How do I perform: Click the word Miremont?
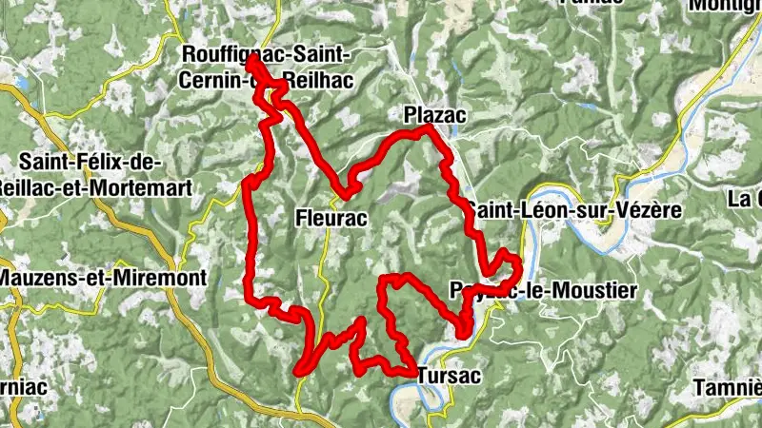tap(139, 278)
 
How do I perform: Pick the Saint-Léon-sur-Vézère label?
tap(573, 210)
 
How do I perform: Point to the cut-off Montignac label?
tap(726, 6)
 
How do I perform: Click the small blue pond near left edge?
tap(17, 85)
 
